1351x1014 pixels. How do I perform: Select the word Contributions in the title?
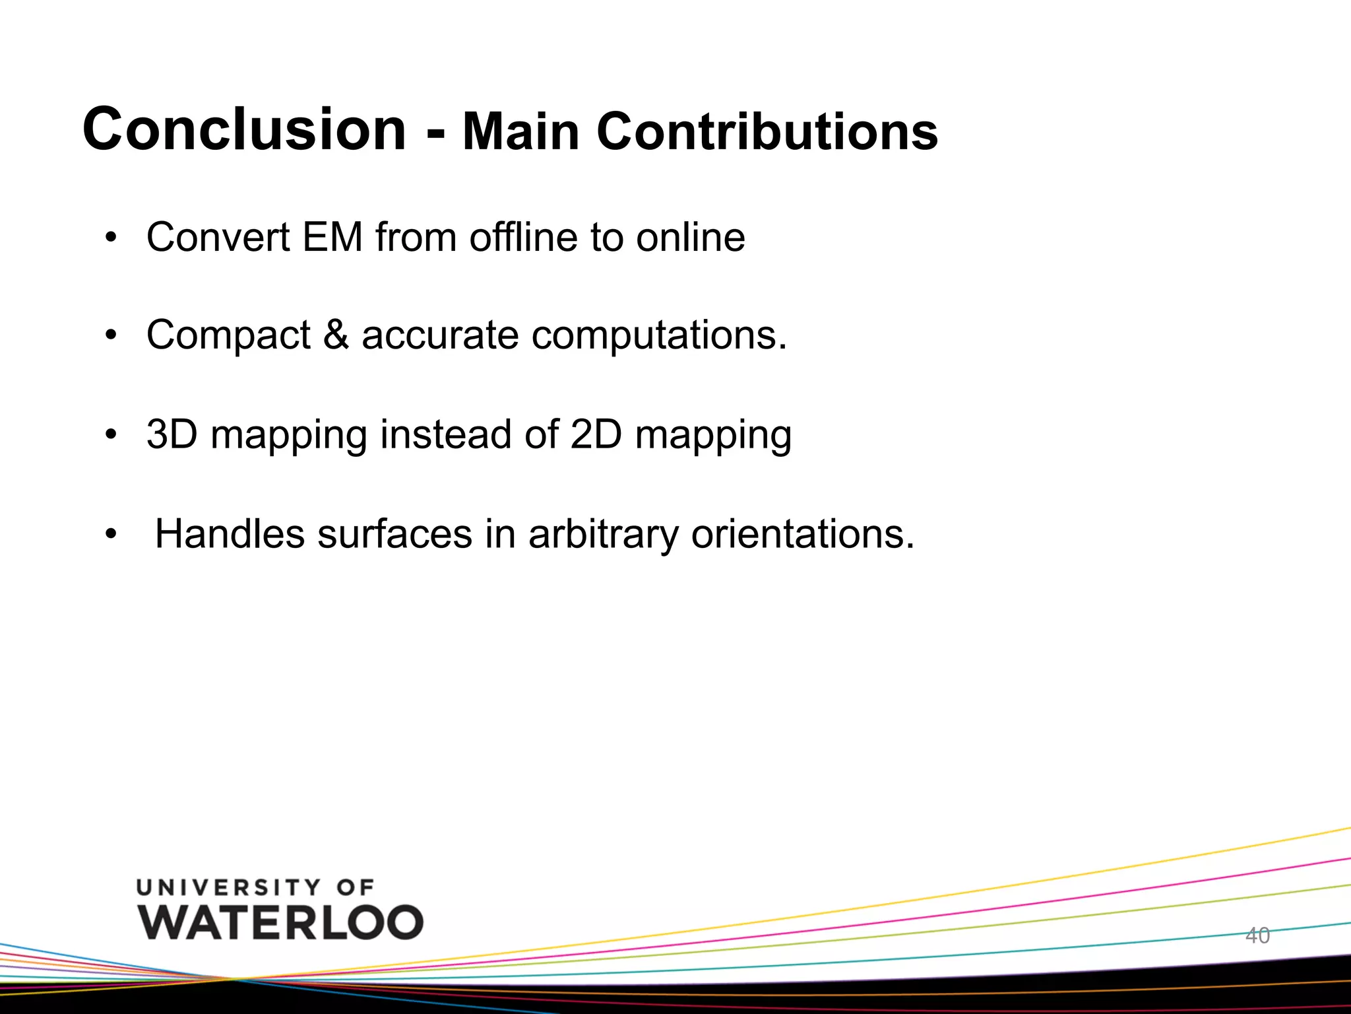tap(767, 132)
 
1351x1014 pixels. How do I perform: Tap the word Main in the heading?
tap(520, 132)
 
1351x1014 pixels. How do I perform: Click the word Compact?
tap(228, 335)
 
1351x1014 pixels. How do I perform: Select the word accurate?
tap(440, 335)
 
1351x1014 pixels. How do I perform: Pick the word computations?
tap(659, 335)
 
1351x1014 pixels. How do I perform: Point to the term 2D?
tap(596, 434)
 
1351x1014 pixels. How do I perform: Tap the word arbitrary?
tap(603, 535)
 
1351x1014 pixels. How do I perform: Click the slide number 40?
tap(1257, 935)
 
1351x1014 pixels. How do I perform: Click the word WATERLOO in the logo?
tap(281, 922)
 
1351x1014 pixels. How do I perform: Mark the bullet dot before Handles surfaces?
tap(111, 534)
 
